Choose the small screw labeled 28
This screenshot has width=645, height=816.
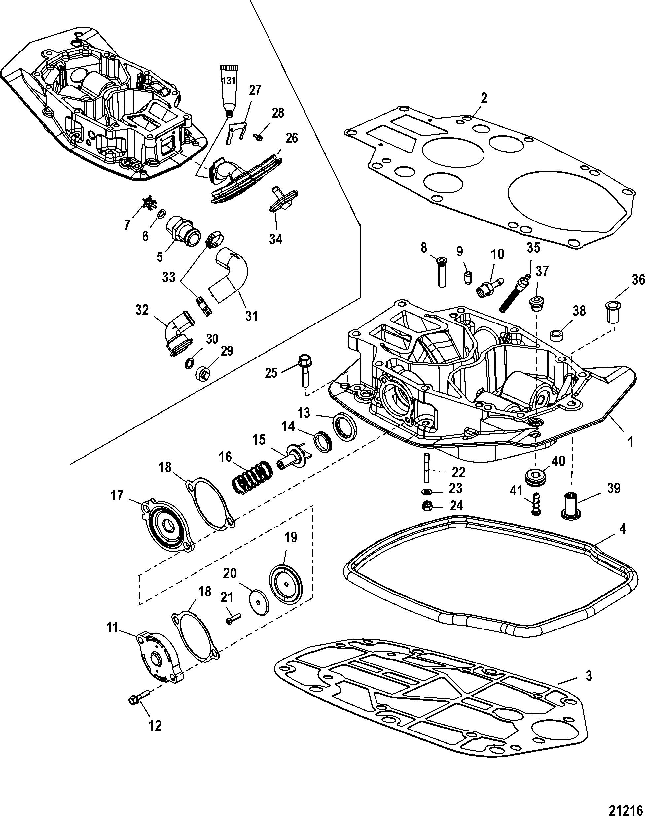pos(259,137)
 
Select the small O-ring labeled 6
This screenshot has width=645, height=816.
pos(160,214)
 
